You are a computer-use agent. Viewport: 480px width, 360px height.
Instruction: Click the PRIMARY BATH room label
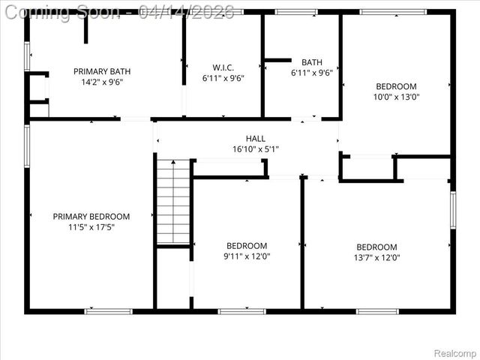pyautogui.click(x=102, y=72)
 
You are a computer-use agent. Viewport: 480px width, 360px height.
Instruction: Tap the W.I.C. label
pyautogui.click(x=223, y=67)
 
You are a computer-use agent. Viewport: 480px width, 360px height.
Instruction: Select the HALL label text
pyautogui.click(x=256, y=139)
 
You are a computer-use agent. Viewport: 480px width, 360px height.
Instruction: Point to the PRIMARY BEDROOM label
pyautogui.click(x=91, y=217)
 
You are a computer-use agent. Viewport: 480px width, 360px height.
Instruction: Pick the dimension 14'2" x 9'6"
pyautogui.click(x=102, y=82)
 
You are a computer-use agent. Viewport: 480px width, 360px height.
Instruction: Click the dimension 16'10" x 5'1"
pyautogui.click(x=256, y=149)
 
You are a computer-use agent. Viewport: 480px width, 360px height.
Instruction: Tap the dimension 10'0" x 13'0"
pyautogui.click(x=396, y=97)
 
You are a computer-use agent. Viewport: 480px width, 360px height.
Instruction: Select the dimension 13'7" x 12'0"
pyautogui.click(x=376, y=258)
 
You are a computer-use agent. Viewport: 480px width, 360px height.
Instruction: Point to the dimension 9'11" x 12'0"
pyautogui.click(x=247, y=256)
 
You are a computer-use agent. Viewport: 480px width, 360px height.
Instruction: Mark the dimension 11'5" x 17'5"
pyautogui.click(x=91, y=227)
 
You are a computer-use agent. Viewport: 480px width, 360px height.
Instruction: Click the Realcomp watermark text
pyautogui.click(x=455, y=352)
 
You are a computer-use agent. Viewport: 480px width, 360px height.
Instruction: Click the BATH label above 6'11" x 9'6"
pyautogui.click(x=312, y=62)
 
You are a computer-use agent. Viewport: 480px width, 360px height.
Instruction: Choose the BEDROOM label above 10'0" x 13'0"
pyautogui.click(x=396, y=86)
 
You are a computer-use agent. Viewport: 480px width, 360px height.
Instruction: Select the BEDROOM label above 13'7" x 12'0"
pyautogui.click(x=376, y=247)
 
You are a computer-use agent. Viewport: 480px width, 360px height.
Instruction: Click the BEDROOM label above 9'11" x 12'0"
pyautogui.click(x=247, y=246)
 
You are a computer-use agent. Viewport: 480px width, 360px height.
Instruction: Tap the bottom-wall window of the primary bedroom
pyautogui.click(x=108, y=310)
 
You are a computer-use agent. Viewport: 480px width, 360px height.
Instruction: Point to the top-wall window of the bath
pyautogui.click(x=295, y=12)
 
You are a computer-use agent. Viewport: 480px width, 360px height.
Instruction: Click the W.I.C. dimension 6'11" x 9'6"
pyautogui.click(x=223, y=78)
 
